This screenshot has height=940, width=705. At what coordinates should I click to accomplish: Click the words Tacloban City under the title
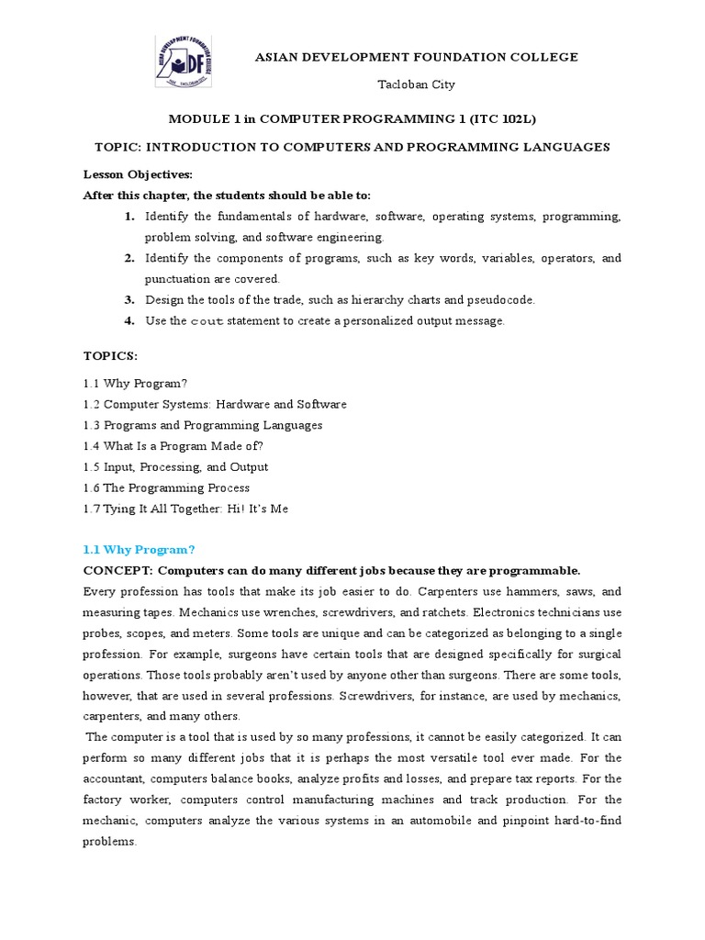(x=417, y=84)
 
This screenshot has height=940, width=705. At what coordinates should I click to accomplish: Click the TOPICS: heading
(x=110, y=354)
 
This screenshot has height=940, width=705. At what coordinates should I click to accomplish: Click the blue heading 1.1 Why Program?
(x=139, y=550)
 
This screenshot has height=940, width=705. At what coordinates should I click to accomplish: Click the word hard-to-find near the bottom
(x=583, y=820)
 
